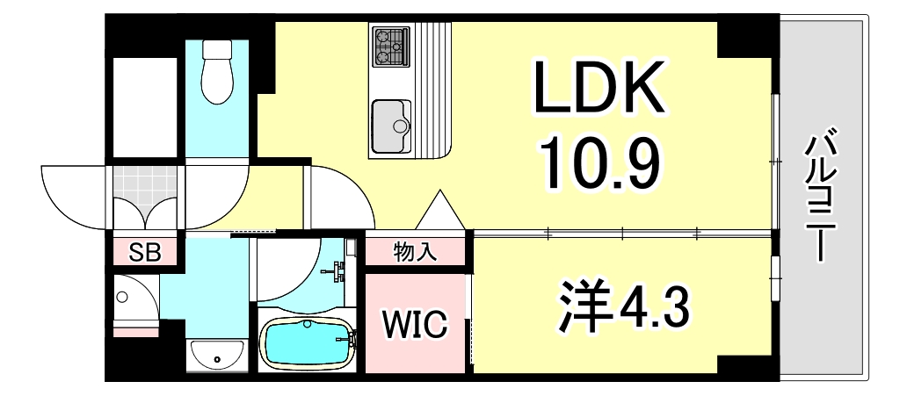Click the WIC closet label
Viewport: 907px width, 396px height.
coord(415,323)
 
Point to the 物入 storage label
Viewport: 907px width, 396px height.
coord(415,253)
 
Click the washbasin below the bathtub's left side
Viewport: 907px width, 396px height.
coord(216,355)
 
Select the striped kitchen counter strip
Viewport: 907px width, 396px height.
coord(434,88)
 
